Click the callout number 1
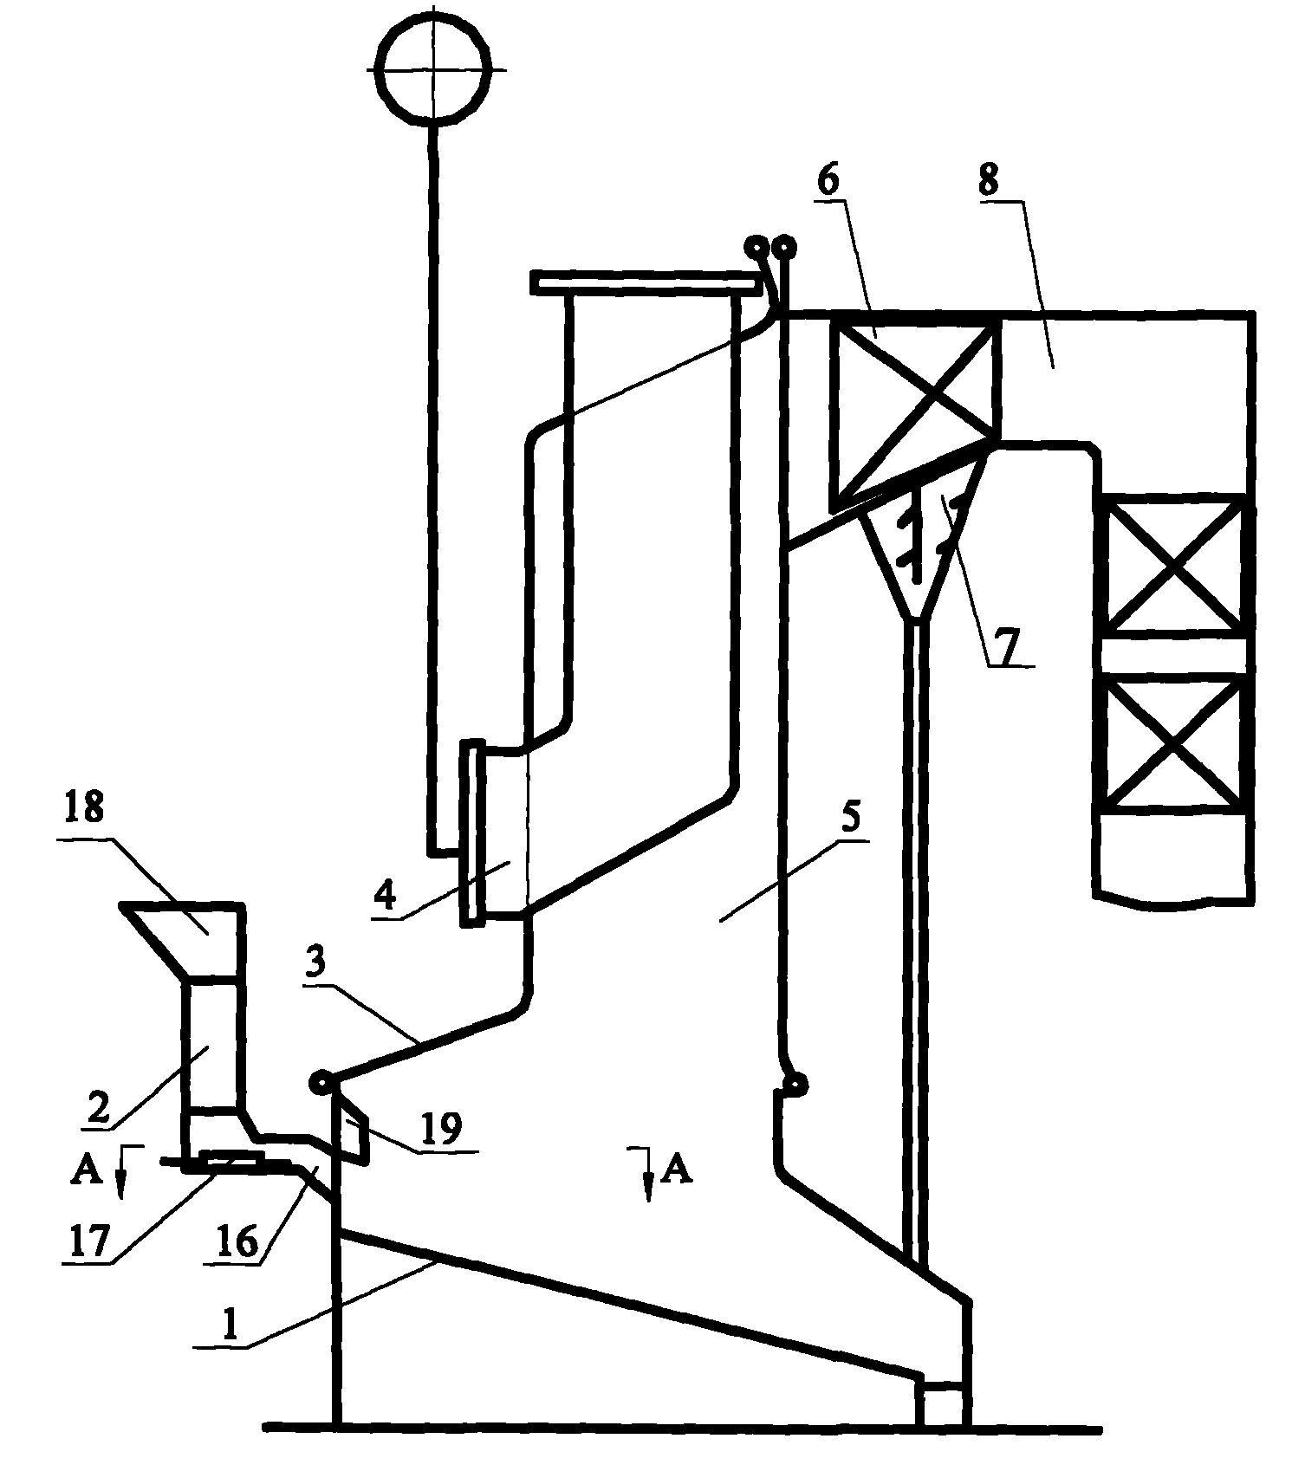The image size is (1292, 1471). point(229,1327)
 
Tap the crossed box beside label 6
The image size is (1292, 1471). point(912,413)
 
